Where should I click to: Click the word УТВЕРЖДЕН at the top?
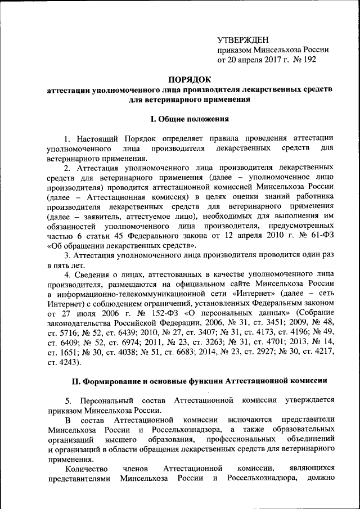click(x=243, y=39)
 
